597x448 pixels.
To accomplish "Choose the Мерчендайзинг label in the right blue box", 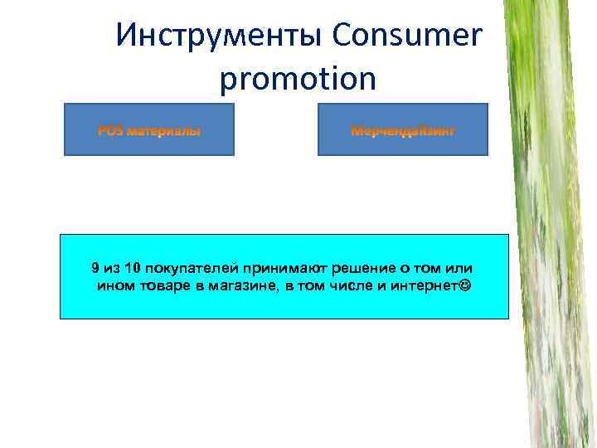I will [x=402, y=131].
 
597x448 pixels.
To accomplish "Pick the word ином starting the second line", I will [x=114, y=286].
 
